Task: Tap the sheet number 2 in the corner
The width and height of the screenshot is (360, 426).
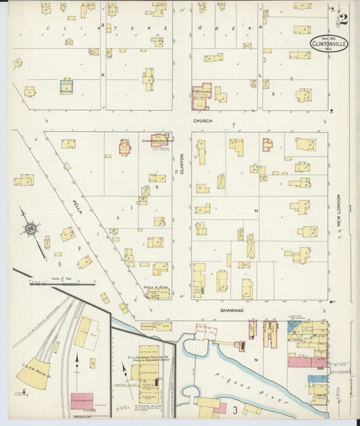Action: coord(344,19)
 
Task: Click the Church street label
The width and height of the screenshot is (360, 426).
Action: coord(203,121)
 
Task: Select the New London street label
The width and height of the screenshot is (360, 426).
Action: coord(338,211)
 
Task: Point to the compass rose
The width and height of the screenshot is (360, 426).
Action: coord(30,232)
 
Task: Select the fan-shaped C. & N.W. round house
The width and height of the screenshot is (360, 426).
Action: coord(34,374)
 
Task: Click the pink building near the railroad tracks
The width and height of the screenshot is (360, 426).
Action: coord(82,400)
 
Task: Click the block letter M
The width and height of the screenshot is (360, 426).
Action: coord(256,211)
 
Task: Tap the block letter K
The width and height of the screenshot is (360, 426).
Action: coord(103,75)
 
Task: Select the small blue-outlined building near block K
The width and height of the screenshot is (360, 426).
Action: coord(66,86)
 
